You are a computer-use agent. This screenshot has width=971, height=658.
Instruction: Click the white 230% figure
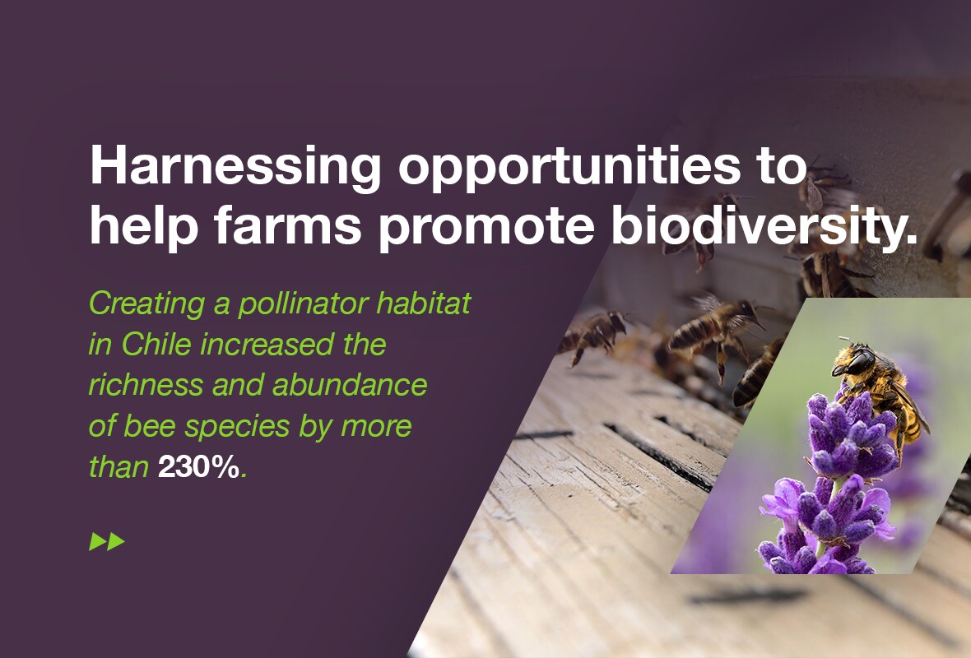pyautogui.click(x=198, y=466)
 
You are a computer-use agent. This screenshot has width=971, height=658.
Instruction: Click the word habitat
pyautogui.click(x=424, y=304)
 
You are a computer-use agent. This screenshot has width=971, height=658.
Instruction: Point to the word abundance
pyautogui.click(x=350, y=384)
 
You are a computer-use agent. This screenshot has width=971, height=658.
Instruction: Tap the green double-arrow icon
pyautogui.click(x=107, y=542)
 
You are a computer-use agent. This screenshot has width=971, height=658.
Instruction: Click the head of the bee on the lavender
pyautogui.click(x=855, y=359)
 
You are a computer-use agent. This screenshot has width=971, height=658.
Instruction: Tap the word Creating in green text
pyautogui.click(x=146, y=304)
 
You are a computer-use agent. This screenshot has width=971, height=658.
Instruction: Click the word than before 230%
pyautogui.click(x=118, y=466)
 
